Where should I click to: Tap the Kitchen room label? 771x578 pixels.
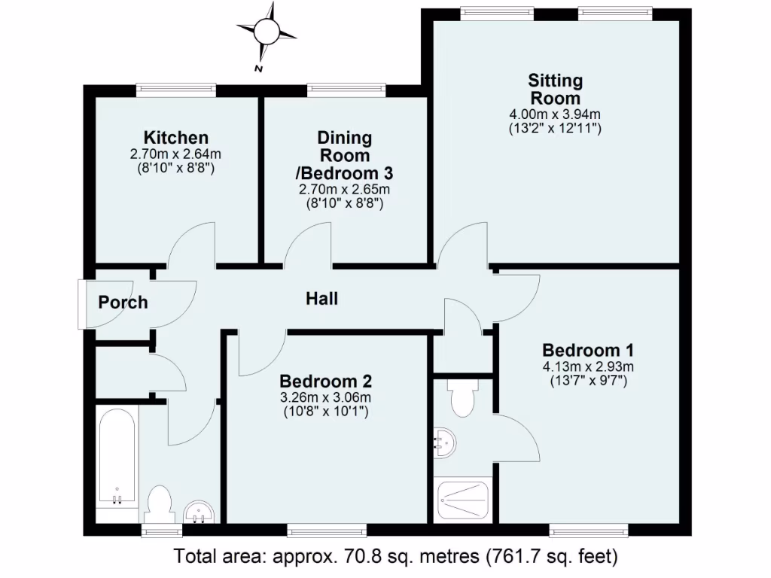(176, 138)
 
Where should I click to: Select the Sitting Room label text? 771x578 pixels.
(556, 89)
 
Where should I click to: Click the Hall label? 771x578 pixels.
(322, 299)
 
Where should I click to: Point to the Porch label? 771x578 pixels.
(123, 303)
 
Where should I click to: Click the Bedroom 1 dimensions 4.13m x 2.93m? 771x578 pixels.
(588, 367)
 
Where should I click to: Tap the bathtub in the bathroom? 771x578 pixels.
(117, 459)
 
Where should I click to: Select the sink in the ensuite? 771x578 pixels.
(445, 443)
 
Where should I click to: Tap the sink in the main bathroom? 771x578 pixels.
(200, 514)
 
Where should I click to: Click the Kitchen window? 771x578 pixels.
(176, 90)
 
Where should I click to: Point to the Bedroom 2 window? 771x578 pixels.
(327, 531)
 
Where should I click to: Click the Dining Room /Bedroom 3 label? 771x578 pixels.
(344, 156)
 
